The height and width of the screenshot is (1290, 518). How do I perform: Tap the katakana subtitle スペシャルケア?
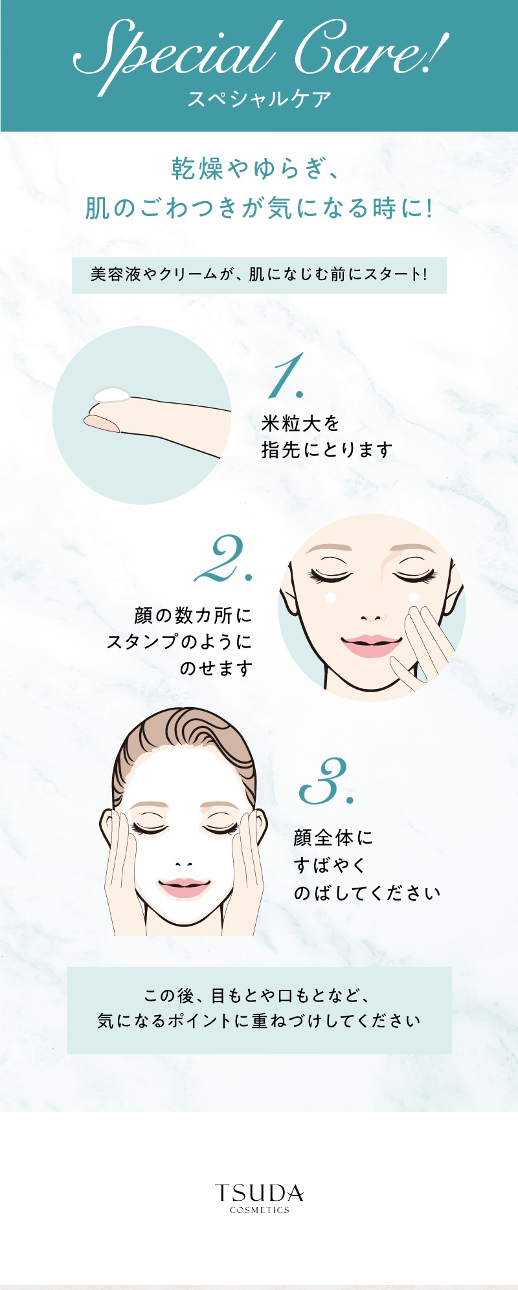click(259, 99)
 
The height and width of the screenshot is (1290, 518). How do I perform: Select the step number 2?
click(223, 558)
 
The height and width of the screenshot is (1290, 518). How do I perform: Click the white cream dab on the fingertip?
click(111, 395)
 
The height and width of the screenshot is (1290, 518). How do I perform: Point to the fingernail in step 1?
click(102, 423)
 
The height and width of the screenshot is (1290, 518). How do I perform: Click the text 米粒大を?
click(300, 424)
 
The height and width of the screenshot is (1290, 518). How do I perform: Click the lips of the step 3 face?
click(185, 888)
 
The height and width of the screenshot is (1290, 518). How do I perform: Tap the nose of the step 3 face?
click(184, 864)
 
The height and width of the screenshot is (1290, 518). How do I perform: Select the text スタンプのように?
click(179, 642)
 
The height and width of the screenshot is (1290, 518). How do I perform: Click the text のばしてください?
click(367, 893)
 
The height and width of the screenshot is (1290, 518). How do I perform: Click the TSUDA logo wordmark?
click(259, 1193)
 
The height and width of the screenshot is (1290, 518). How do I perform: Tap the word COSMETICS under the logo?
click(259, 1210)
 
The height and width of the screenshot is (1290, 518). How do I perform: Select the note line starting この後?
click(258, 995)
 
